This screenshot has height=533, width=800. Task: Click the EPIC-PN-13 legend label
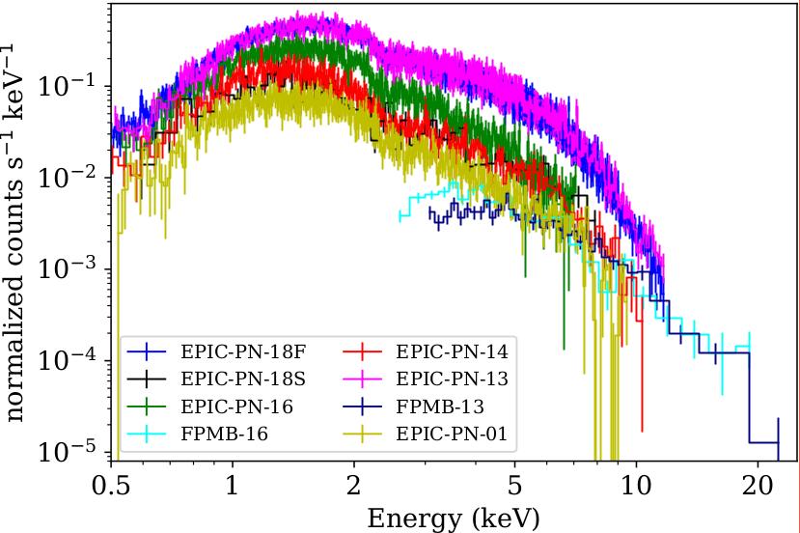(453, 377)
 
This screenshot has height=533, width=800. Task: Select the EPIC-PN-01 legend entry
(453, 435)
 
